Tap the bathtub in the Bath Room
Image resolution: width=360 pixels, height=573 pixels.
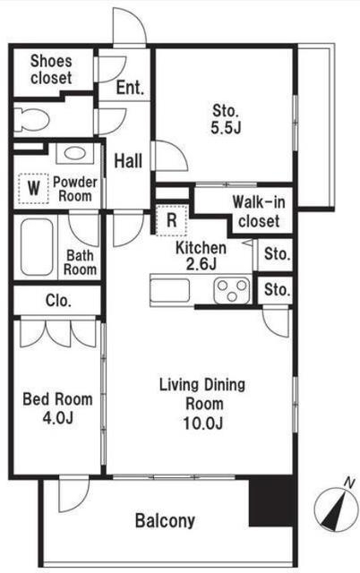[x=37, y=247]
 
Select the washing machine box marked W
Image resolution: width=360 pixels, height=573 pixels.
[x=34, y=188]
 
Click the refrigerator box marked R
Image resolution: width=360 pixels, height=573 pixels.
[x=171, y=220]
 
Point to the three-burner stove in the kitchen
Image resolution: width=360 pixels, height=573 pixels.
[x=232, y=290]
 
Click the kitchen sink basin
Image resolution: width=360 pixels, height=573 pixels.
[x=170, y=290]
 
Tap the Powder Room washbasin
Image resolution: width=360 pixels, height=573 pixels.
[x=75, y=153]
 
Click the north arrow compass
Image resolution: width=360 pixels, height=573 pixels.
[x=337, y=508]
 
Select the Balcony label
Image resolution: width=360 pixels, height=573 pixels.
[x=165, y=520]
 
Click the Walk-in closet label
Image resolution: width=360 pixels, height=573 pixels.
[x=259, y=211]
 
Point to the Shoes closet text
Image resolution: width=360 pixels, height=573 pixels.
[x=51, y=70]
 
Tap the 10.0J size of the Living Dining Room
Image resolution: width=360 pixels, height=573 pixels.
[x=203, y=423]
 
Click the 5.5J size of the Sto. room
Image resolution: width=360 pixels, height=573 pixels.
[x=226, y=127]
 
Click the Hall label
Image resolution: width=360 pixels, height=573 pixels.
[x=128, y=161]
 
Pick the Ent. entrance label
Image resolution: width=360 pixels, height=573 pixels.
[x=130, y=88]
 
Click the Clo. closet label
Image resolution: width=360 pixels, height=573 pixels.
[x=58, y=301]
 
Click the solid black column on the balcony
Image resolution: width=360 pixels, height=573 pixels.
[x=270, y=501]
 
